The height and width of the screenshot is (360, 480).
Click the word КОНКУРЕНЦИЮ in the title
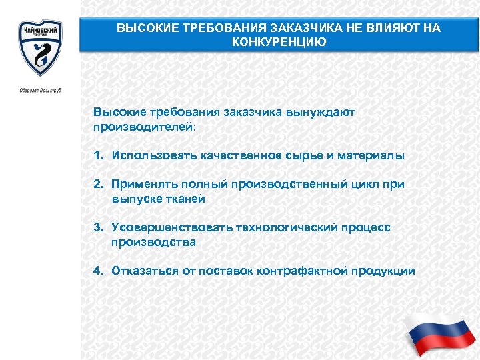click(279, 42)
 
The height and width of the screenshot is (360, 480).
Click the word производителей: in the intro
click(145, 125)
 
